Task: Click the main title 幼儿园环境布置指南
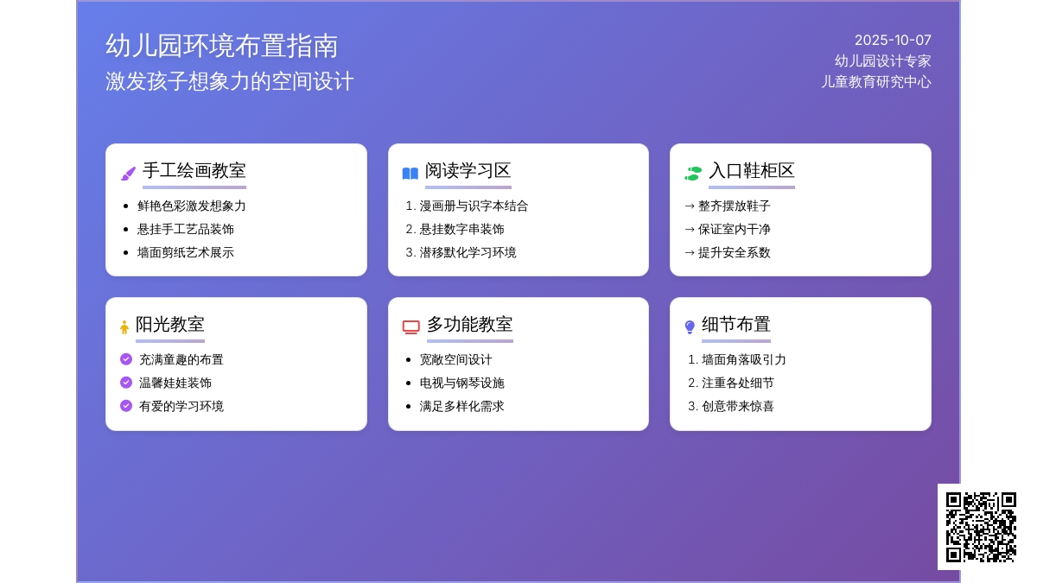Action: [x=222, y=46]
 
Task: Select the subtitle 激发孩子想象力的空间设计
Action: [x=230, y=81]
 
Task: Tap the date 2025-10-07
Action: [x=893, y=41]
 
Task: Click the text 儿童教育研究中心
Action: [x=876, y=82]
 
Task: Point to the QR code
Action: [x=981, y=527]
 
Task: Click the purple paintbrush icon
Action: [x=128, y=174]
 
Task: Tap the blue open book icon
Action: [x=410, y=174]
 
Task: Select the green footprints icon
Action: [x=693, y=174]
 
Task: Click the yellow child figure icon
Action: [x=124, y=327]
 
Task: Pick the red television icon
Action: [x=411, y=327]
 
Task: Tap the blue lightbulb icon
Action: [x=690, y=327]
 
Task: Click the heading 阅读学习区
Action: [x=468, y=171]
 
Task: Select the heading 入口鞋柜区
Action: [x=751, y=171]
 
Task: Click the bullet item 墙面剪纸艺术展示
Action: [x=186, y=252]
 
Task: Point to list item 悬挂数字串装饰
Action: [x=461, y=230]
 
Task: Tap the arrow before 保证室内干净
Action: [x=690, y=229]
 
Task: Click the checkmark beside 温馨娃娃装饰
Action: [x=126, y=382]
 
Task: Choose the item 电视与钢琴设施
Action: [x=461, y=383]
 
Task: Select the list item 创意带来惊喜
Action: [x=738, y=406]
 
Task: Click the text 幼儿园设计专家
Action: [x=882, y=61]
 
